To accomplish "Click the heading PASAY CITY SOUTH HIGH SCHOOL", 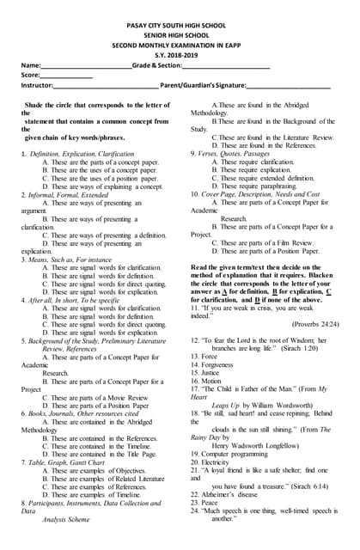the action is click(x=179, y=27).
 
